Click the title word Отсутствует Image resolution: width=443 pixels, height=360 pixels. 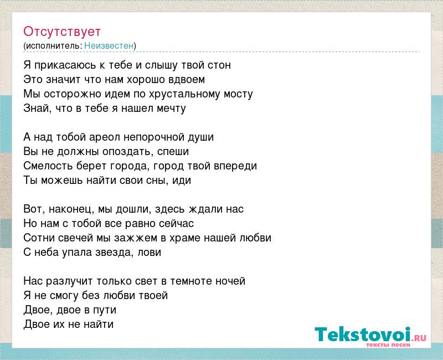point(62,32)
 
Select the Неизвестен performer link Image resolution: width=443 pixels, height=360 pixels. point(109,45)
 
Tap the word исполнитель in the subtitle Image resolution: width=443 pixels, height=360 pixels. point(53,45)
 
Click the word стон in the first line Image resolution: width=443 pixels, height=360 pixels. point(219,65)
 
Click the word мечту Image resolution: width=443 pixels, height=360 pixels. point(172,109)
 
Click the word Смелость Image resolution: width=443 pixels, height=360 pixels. point(48,166)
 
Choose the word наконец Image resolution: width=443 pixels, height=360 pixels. point(70,209)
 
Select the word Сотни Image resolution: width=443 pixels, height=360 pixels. point(39,238)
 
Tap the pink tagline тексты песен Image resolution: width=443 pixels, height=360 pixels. point(388,345)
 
